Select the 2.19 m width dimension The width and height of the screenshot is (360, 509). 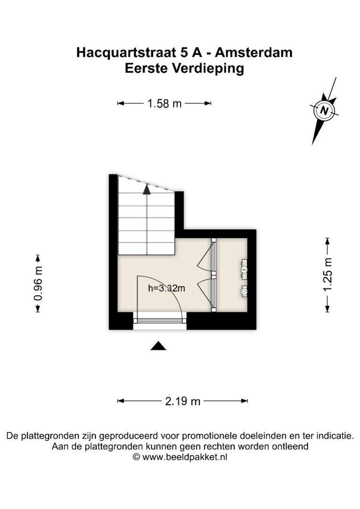pos(182,401)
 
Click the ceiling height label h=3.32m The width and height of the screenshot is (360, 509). pos(166,288)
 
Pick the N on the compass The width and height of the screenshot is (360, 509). pos(324,111)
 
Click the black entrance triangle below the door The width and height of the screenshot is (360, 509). pos(159,346)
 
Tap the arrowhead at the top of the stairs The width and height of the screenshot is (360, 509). pos(147,189)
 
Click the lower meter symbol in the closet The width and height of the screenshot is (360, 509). pos(245,291)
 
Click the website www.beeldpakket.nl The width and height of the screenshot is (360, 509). pos(185,457)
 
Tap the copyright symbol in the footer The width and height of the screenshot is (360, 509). pos(136,457)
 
